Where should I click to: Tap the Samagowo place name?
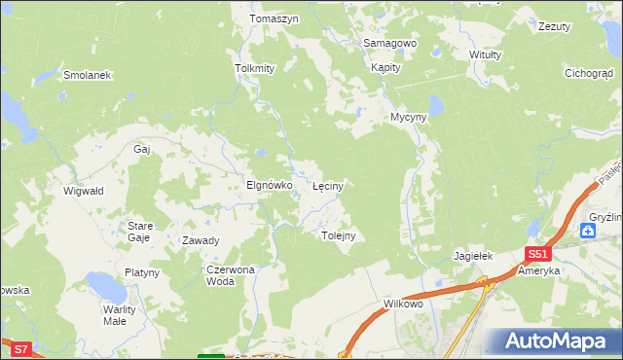pos(389,44)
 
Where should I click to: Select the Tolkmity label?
pos(255,69)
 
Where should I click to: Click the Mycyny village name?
pos(409,117)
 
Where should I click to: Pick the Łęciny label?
pos(327,185)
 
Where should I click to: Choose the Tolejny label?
pos(338,235)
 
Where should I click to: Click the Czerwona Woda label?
pos(230,275)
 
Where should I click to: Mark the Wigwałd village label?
pos(84,192)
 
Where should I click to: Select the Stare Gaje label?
pos(139,232)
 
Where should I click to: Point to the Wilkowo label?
pos(403,305)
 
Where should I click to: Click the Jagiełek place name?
pos(474,256)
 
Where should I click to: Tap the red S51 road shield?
pos(540,254)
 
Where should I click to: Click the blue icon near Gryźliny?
pos(588,231)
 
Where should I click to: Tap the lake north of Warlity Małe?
pos(101,285)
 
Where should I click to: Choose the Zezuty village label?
pos(554,26)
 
